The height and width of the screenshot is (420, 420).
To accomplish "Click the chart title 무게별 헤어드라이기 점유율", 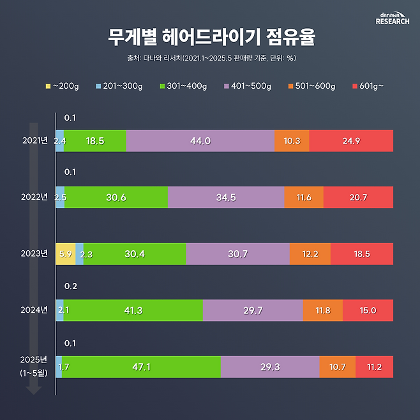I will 210,37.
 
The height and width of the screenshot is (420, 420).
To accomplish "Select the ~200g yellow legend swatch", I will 48,86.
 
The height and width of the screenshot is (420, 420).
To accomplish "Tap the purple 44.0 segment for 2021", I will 200,141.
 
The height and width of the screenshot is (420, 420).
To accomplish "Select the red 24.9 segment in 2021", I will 351,141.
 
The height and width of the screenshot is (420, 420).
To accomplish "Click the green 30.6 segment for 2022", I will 116,197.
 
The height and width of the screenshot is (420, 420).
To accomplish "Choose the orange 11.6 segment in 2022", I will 304,197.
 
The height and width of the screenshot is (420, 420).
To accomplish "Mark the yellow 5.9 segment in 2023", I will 66,253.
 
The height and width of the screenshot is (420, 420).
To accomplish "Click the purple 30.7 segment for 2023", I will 237,253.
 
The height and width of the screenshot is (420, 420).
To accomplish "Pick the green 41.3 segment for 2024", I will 133,310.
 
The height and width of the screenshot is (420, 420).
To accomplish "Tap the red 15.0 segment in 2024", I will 368,310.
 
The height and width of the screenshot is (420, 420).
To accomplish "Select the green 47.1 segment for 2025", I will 141,366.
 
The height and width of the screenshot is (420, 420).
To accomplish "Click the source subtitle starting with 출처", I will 210,58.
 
